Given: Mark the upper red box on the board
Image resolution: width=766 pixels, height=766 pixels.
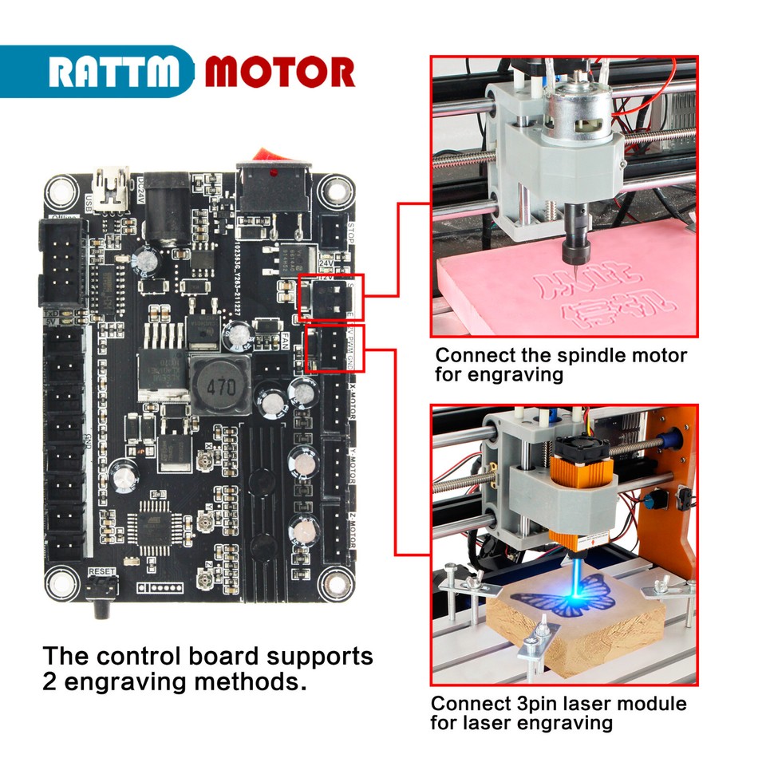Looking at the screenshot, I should click(330, 297).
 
